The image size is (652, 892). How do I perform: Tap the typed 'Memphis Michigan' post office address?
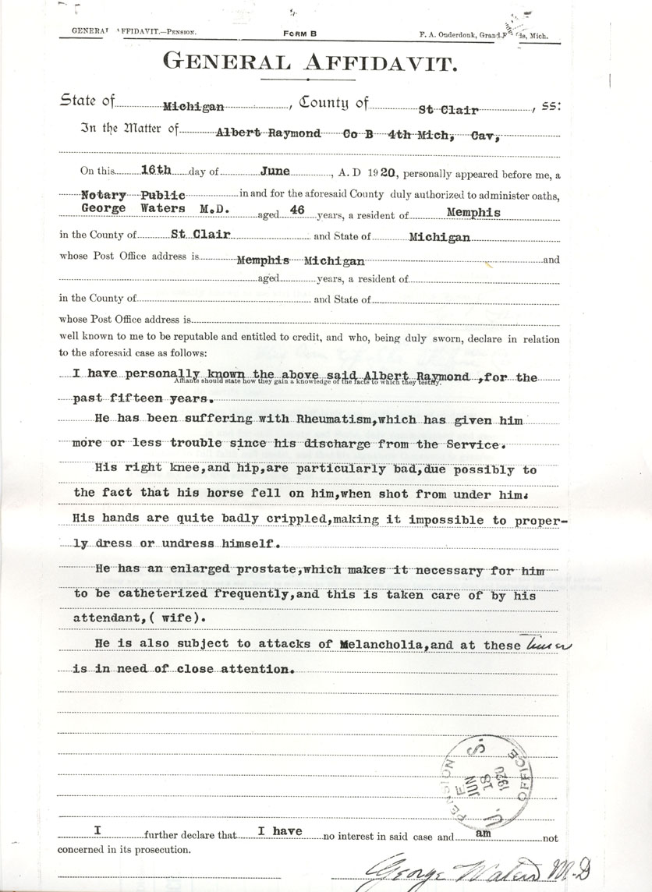300,260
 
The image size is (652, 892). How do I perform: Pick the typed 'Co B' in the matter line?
356,133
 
